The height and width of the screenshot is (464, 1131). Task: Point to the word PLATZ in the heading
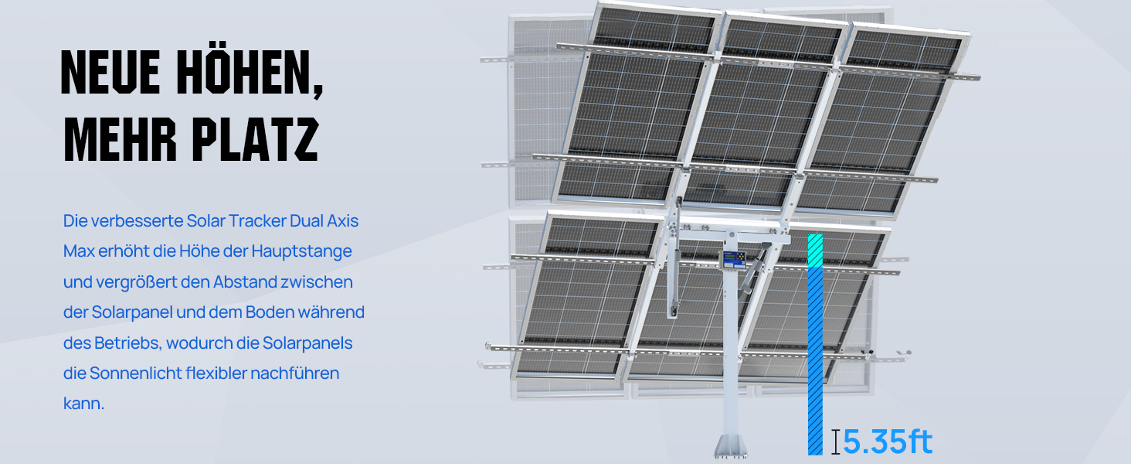pos(256,139)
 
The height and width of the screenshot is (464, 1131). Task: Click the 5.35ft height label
pos(887,442)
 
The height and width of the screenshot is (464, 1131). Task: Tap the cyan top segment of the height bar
pos(815,251)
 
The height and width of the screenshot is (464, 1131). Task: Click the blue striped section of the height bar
pos(815,361)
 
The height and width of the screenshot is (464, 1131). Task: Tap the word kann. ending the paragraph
pos(83,404)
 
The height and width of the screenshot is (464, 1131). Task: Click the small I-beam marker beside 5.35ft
pos(836,442)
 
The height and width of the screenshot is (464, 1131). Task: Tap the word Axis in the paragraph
pos(342,221)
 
